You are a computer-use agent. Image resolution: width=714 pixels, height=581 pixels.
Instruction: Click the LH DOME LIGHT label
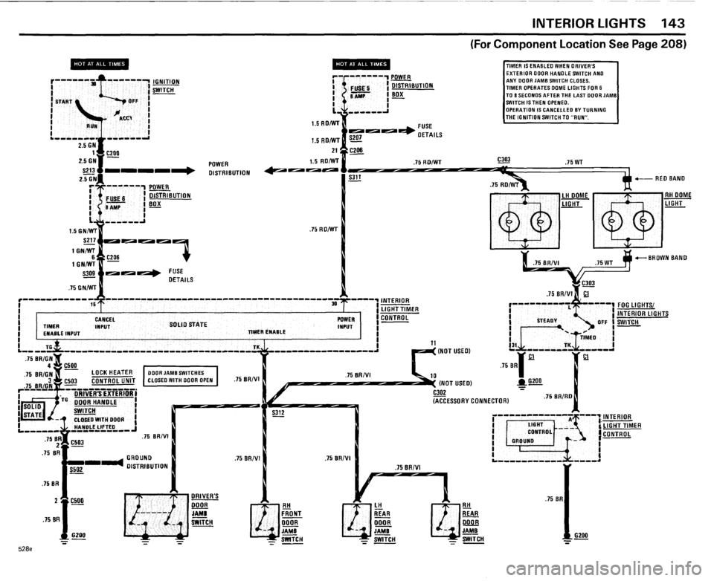(574, 199)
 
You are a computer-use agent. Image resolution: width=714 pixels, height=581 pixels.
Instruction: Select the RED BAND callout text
(671, 180)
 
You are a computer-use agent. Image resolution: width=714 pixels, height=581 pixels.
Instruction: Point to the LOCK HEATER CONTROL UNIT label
(111, 377)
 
